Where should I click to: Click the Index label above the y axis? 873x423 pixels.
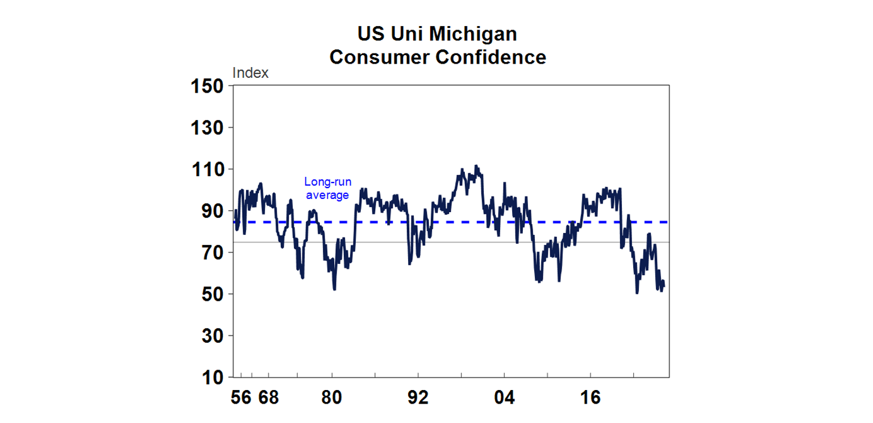coord(251,73)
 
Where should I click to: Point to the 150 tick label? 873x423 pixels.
coord(207,87)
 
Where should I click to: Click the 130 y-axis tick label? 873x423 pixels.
coord(207,128)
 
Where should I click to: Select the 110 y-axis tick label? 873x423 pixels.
coord(207,170)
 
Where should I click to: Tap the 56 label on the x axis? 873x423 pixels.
coord(241,398)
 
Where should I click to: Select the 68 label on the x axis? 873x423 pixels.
coord(268,398)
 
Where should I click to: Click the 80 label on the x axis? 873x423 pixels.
coord(332,398)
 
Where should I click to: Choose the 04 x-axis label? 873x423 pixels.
coord(504,398)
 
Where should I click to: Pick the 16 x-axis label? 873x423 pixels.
coord(590,398)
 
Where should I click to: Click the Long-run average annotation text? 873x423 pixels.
coord(327,189)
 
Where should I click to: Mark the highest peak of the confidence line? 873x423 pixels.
coord(476,166)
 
